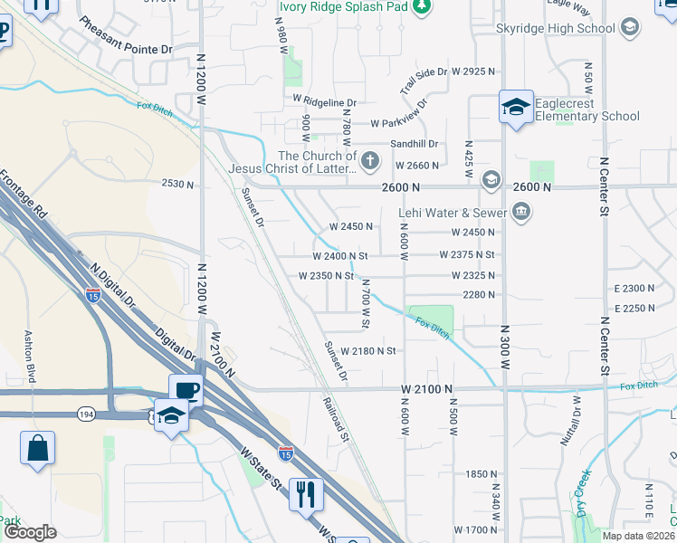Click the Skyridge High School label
[556, 28]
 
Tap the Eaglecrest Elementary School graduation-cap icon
[515, 110]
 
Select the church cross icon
[369, 162]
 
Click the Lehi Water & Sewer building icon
[520, 214]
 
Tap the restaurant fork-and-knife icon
[306, 494]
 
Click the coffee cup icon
[186, 390]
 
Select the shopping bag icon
[37, 448]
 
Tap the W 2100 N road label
[426, 387]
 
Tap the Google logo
[30, 532]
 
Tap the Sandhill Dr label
[414, 144]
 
